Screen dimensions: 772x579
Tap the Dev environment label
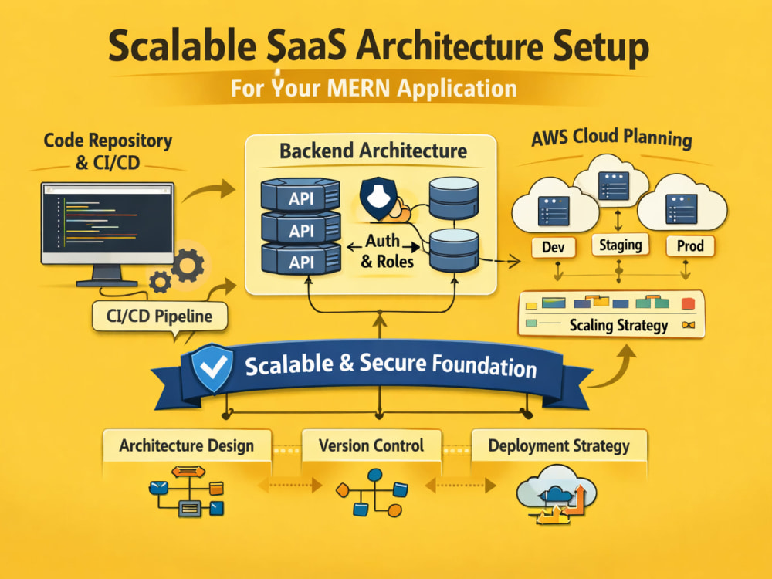click(x=554, y=247)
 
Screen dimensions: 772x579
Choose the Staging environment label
click(x=620, y=245)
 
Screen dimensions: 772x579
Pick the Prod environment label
click(x=689, y=245)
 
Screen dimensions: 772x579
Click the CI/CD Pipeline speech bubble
click(x=160, y=316)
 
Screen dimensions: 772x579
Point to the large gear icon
click(x=187, y=265)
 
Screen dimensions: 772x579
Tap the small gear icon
click(x=160, y=282)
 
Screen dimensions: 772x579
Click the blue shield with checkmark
click(x=212, y=367)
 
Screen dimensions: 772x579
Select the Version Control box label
click(x=371, y=445)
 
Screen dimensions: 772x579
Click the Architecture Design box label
click(x=187, y=445)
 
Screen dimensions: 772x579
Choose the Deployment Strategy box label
click(x=559, y=445)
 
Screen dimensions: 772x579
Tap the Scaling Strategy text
click(x=618, y=326)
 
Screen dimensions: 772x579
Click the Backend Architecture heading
click(x=373, y=151)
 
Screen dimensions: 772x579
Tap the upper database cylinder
click(x=453, y=198)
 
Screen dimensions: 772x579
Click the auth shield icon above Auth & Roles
click(x=378, y=198)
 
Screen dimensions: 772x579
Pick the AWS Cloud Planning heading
click(x=612, y=137)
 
